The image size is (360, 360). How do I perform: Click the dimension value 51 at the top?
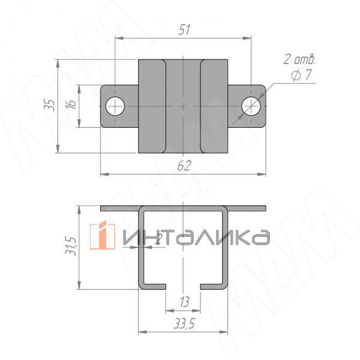tap(184, 30)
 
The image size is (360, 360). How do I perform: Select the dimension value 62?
tap(184, 166)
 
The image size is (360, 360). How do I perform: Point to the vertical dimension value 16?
tap(71, 105)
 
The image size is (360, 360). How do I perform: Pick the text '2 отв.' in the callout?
tap(299, 60)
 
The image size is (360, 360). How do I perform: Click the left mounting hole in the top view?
tap(114, 106)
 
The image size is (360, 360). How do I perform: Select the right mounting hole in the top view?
tap(251, 106)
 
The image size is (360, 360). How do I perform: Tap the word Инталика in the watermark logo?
tap(195, 238)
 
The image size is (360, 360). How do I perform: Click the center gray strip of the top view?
tap(183, 106)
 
